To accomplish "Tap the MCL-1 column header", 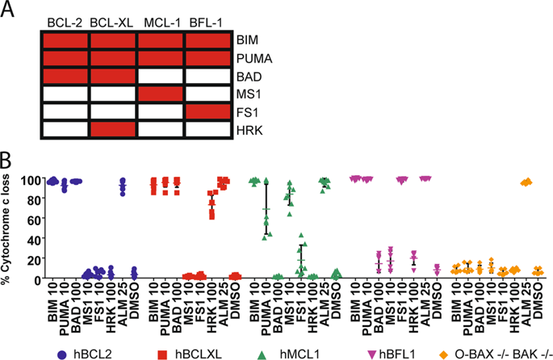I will pyautogui.click(x=161, y=20).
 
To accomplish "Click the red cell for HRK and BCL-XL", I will pyautogui.click(x=113, y=129).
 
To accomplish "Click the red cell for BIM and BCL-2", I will pyautogui.click(x=65, y=40).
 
